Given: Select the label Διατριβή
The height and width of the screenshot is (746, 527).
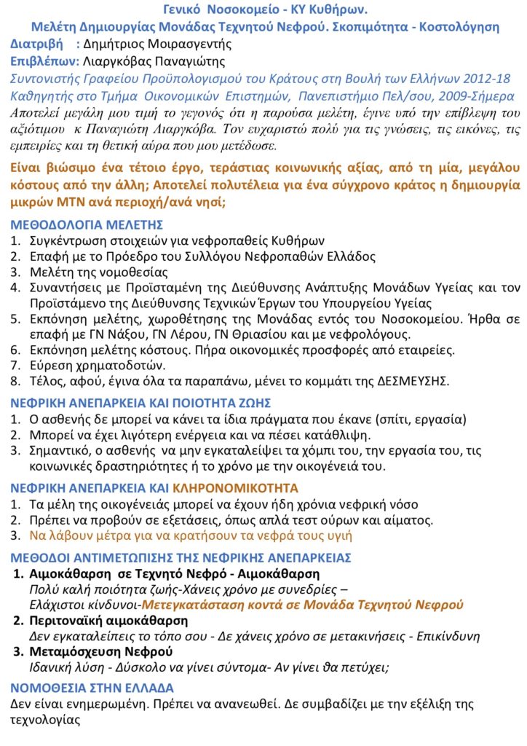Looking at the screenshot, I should pyautogui.click(x=37, y=44).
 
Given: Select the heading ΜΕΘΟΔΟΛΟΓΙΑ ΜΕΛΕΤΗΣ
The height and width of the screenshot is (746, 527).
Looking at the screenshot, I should pyautogui.click(x=87, y=224).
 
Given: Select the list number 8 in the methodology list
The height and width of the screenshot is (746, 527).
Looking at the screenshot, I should pyautogui.click(x=15, y=381).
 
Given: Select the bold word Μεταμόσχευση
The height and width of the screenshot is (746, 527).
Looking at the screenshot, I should pyautogui.click(x=71, y=651).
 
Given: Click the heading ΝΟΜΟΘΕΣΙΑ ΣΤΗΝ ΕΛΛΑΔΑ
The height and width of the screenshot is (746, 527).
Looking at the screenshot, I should pyautogui.click(x=92, y=687).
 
